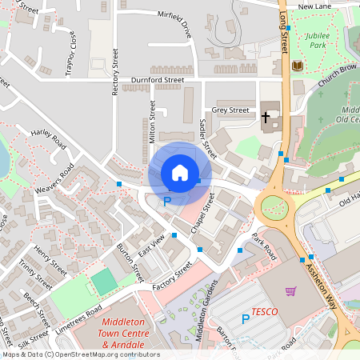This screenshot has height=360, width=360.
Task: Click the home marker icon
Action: pyautogui.click(x=180, y=173)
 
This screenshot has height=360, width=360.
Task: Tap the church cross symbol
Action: pyautogui.click(x=266, y=118)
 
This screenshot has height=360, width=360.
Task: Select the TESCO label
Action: pyautogui.click(x=264, y=310)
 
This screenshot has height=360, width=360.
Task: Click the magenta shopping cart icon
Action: pyautogui.click(x=290, y=291)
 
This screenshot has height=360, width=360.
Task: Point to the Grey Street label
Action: pyautogui.click(x=231, y=110)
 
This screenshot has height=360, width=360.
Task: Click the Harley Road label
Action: pyautogui.click(x=48, y=138)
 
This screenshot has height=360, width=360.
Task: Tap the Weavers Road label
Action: pyautogui.click(x=54, y=180)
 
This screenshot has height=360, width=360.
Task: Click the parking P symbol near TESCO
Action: pyautogui.click(x=246, y=319)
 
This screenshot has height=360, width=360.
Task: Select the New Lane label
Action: pyautogui.click(x=314, y=6)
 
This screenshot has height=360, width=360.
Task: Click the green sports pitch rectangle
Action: pyautogui.click(x=102, y=282)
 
